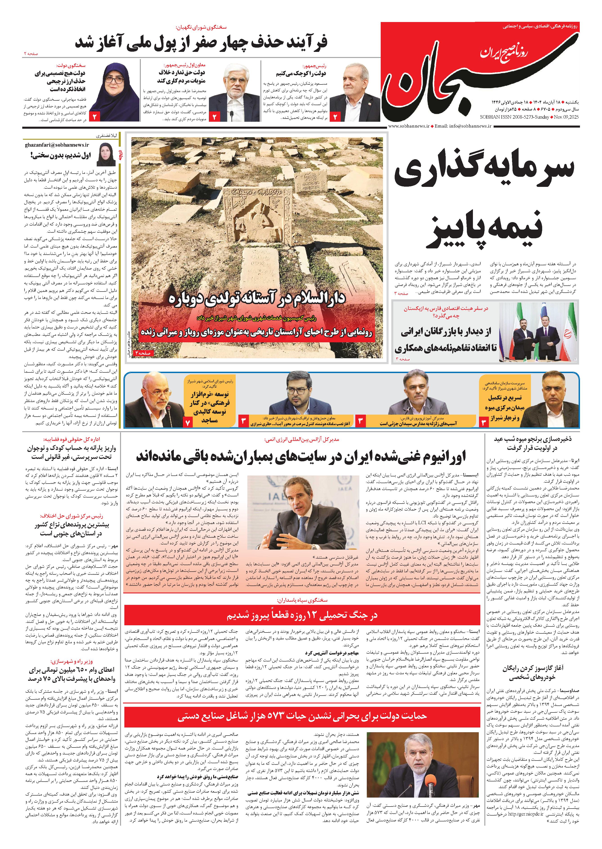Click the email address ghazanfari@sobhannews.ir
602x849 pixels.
click(58, 145)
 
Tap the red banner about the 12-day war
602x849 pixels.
click(302, 615)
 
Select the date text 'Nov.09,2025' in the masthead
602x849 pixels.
click(566, 117)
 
